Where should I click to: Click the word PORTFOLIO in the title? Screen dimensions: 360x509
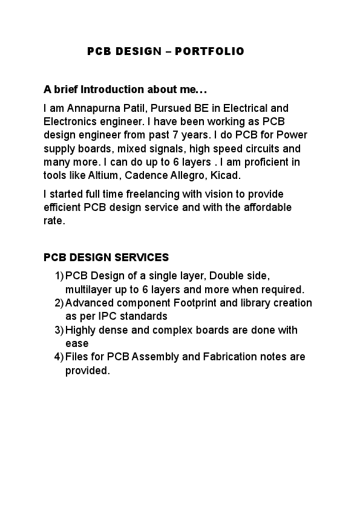click(x=209, y=51)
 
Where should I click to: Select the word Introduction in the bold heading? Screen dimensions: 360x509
click(x=111, y=89)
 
